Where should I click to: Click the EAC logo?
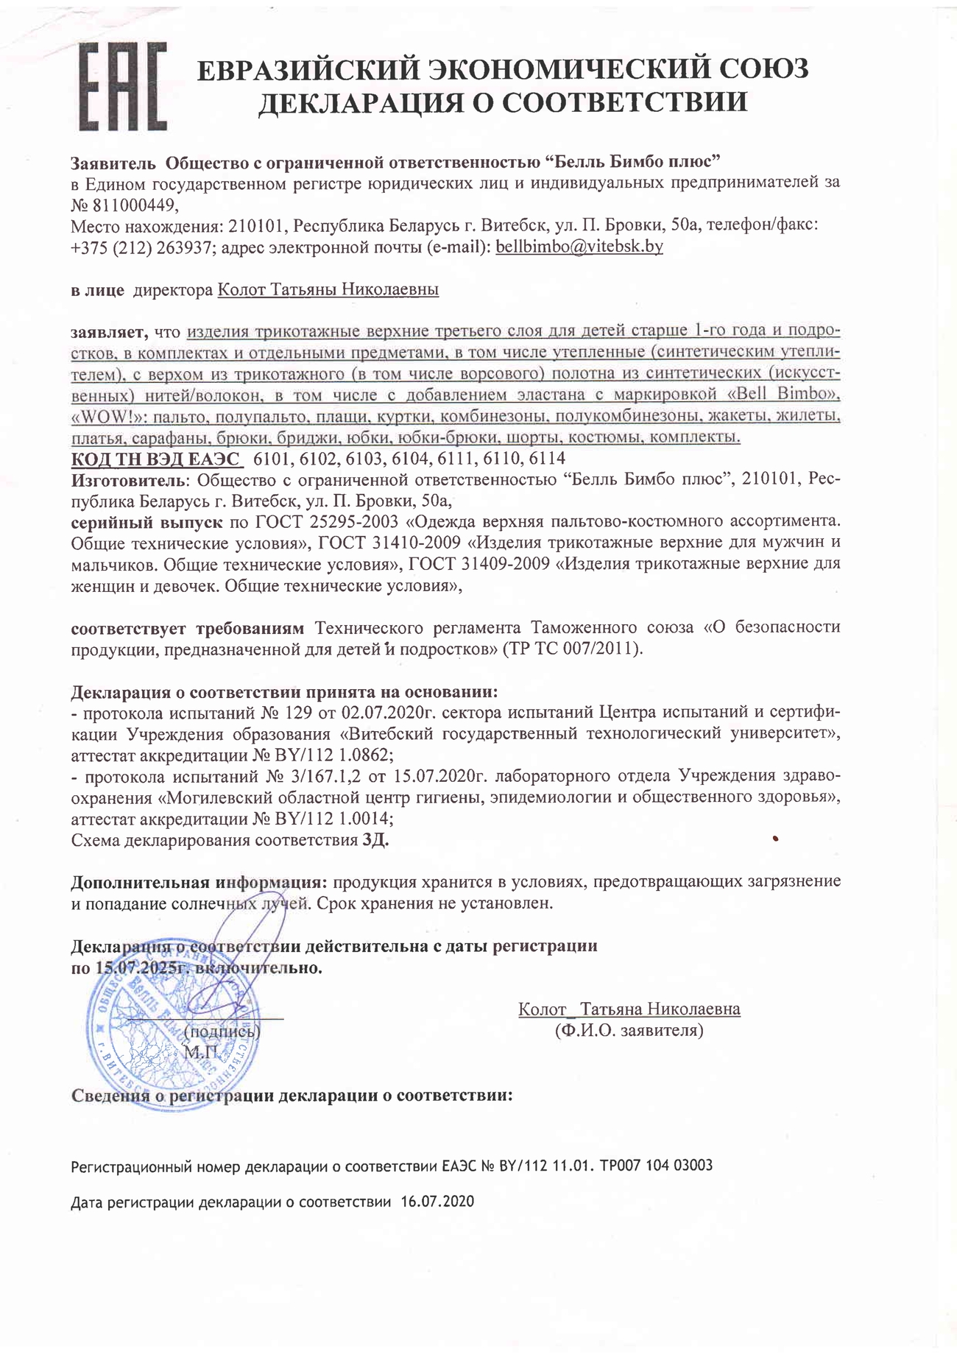(122, 86)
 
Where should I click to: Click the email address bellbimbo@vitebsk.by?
(579, 246)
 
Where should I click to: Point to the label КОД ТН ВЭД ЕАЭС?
(155, 459)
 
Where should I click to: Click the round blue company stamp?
(173, 1027)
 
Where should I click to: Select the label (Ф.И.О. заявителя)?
(629, 1030)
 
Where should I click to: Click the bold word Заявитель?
(113, 161)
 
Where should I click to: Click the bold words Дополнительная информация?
(199, 881)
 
